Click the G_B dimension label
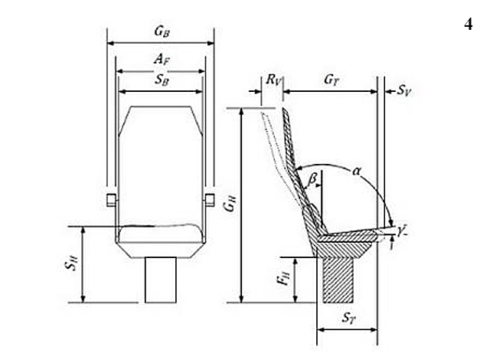(x=162, y=31)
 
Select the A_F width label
(x=162, y=59)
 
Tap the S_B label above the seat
(x=162, y=80)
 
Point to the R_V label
(x=274, y=80)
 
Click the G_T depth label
(x=332, y=80)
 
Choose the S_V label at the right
(x=404, y=90)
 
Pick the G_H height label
(x=230, y=203)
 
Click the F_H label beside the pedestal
(x=284, y=277)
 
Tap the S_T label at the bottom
(x=349, y=318)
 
